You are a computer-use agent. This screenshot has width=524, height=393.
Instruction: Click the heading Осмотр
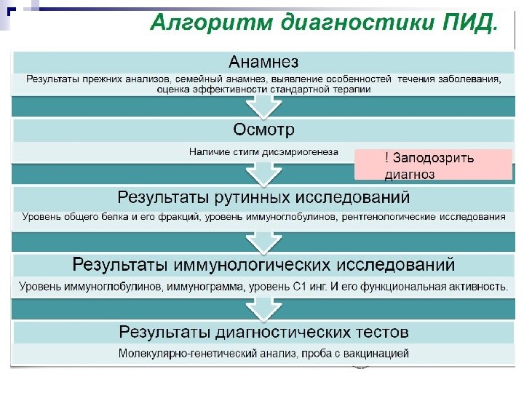(x=263, y=130)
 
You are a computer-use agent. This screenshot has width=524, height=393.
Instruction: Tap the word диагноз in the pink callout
(x=409, y=174)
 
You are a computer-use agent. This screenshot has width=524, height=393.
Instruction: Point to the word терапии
(x=353, y=90)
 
